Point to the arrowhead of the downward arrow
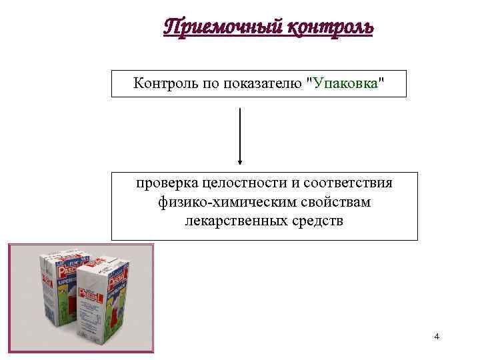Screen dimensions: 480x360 pyautogui.click(x=240, y=161)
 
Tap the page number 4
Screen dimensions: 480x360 pyautogui.click(x=437, y=337)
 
